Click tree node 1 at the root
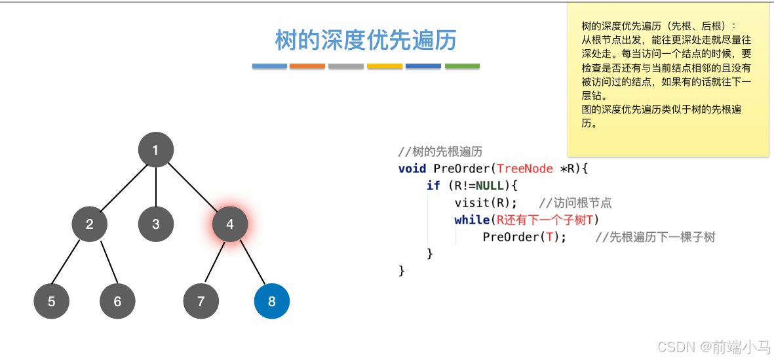point(155,150)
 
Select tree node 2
point(89,224)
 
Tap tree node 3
point(155,224)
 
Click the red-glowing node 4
point(229,224)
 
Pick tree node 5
point(51,302)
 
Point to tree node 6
point(117,302)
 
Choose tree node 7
point(201,302)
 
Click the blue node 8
point(272,302)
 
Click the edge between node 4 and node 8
point(251,263)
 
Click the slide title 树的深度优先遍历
point(366,41)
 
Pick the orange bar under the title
point(307,66)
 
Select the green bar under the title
point(462,66)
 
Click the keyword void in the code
point(412,169)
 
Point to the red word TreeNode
point(526,169)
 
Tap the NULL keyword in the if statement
point(491,186)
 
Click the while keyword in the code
point(472,220)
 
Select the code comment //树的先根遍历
point(440,152)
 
